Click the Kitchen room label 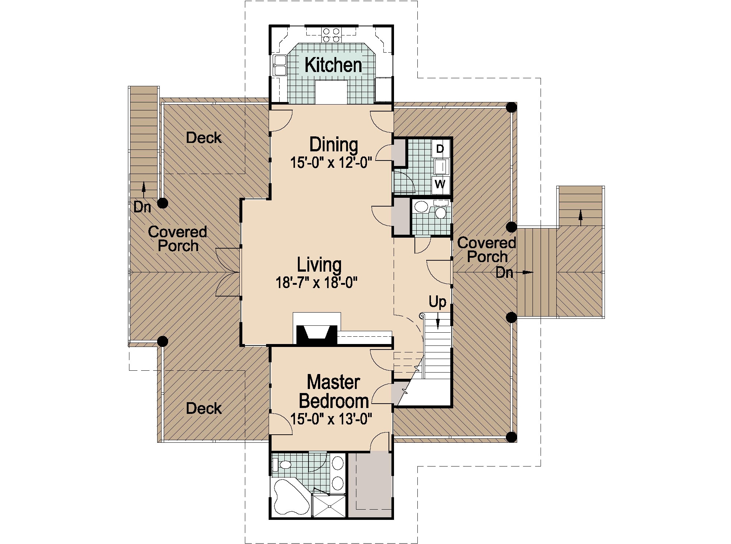[x=333, y=65]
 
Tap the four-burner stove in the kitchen [x=331, y=35]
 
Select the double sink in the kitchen [x=280, y=65]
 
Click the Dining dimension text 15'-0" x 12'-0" [x=331, y=163]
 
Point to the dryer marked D [x=440, y=149]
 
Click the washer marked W [x=440, y=184]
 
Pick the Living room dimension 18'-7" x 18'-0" [x=316, y=283]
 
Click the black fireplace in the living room [x=317, y=335]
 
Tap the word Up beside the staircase [x=437, y=302]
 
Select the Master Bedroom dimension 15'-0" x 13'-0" [x=331, y=419]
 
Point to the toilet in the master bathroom [x=283, y=465]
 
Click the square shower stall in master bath [x=329, y=506]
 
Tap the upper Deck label [x=204, y=138]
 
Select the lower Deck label [x=204, y=408]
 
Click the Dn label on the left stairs [x=142, y=207]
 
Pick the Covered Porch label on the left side [x=178, y=239]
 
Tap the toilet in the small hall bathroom [x=440, y=212]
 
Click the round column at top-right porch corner [x=511, y=107]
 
